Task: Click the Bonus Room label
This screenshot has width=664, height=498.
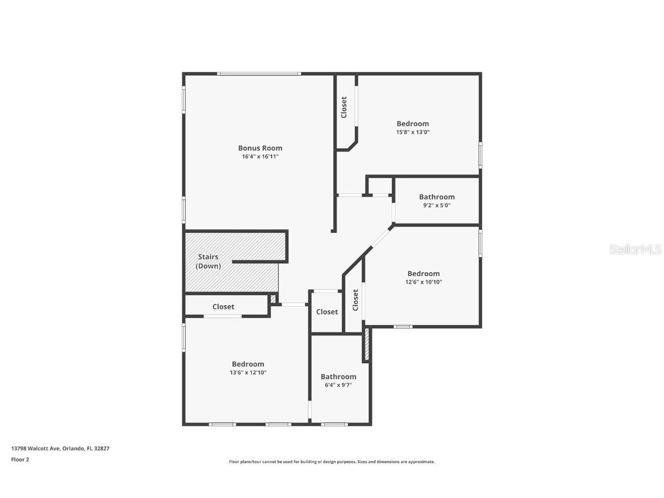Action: [260, 148]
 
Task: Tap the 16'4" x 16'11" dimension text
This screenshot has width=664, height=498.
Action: [260, 156]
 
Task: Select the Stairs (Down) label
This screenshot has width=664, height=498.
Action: [208, 261]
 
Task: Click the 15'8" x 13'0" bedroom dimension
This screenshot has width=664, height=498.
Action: [413, 132]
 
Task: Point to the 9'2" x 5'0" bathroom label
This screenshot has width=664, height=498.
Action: [436, 205]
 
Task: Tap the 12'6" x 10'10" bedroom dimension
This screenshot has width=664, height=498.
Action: [424, 282]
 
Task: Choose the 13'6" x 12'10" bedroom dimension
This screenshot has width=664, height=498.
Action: [248, 372]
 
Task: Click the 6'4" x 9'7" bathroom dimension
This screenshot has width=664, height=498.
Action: [338, 384]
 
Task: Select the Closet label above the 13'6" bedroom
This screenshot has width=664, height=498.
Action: [223, 307]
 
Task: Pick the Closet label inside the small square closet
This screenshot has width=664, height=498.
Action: [327, 312]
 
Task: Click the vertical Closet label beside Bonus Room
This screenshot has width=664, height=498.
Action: [344, 107]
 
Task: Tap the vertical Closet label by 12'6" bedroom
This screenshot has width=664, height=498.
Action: [355, 300]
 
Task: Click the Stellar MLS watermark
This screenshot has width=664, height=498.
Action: [635, 249]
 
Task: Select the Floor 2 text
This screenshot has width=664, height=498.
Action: [20, 459]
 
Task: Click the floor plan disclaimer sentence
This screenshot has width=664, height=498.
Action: [331, 462]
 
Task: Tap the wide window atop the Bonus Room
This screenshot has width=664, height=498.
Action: [258, 73]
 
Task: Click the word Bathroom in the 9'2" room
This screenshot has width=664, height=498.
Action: [436, 197]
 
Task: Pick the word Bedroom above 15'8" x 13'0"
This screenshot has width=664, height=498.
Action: [413, 123]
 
